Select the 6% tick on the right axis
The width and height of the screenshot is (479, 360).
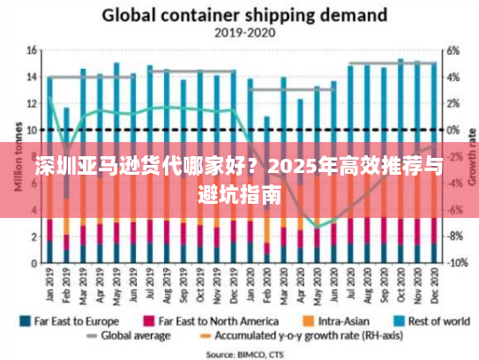[452, 50]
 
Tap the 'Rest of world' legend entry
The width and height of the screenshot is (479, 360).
[431, 321]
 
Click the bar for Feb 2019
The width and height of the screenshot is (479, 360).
[66, 185]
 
